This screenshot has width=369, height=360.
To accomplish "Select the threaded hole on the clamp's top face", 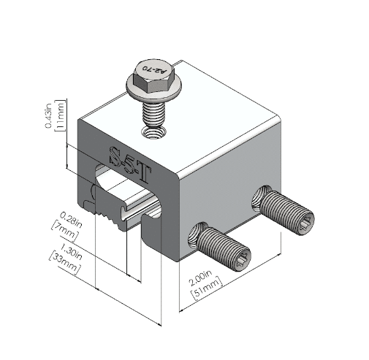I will pos(154,132).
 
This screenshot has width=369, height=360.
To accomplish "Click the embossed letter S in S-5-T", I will pos(115,154).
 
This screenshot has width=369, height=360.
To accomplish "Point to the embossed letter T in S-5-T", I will pos(142,175).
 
